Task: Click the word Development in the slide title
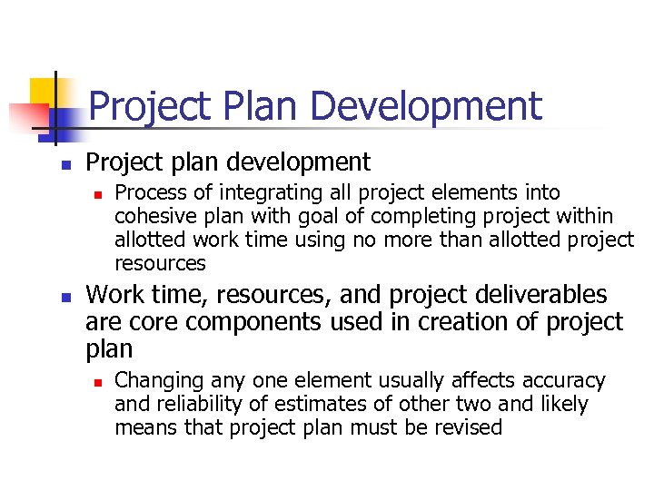(426, 106)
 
